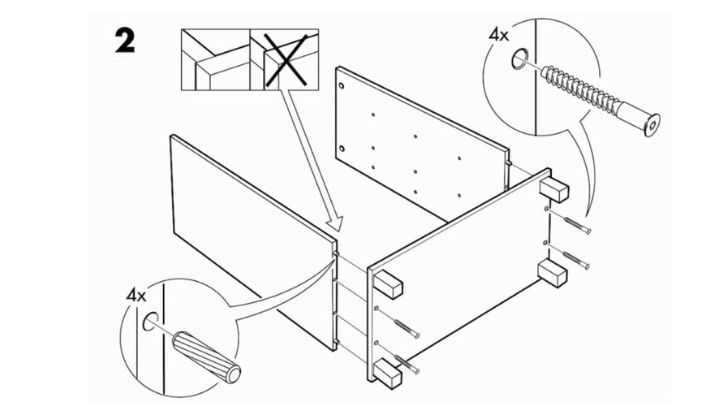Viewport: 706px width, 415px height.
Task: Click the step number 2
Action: point(123,41)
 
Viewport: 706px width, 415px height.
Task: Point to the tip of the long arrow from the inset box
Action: point(332,229)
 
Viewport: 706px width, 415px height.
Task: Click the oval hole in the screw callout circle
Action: point(518,58)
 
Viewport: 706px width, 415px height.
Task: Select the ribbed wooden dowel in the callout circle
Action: point(203,357)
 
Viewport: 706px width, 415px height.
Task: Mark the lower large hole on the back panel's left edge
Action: point(344,148)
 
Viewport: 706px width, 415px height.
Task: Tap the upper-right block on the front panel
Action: point(554,188)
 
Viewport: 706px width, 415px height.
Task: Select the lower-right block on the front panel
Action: point(553,273)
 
